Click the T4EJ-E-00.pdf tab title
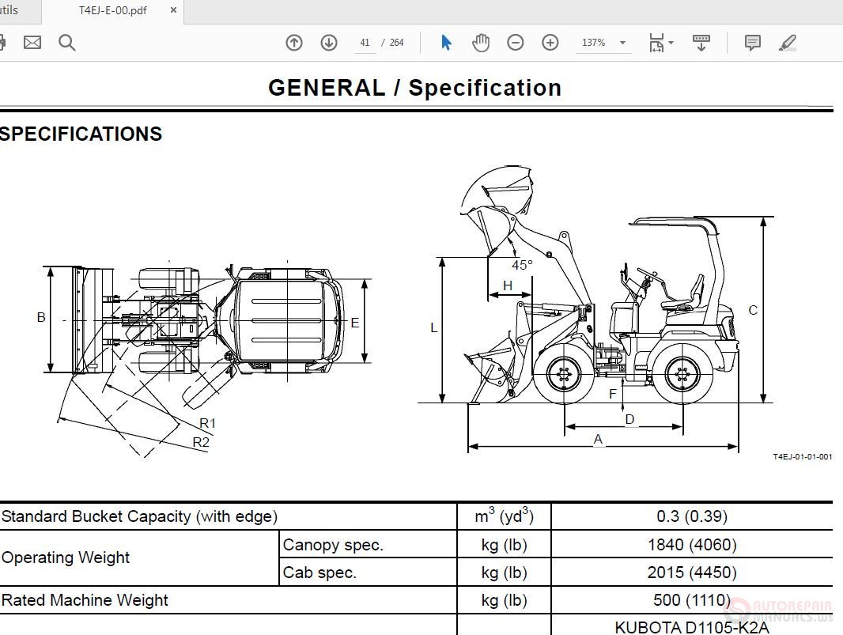[112, 11]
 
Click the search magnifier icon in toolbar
[67, 43]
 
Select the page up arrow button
[294, 43]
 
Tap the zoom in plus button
[550, 43]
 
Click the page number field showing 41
[365, 43]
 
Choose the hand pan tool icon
[481, 43]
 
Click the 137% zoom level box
[595, 43]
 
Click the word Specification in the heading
[485, 88]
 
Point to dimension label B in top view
[41, 318]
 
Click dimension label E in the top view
[355, 323]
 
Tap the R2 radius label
[202, 442]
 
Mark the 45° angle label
[522, 266]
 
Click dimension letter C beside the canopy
[753, 310]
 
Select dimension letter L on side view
[433, 327]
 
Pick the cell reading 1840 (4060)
[692, 545]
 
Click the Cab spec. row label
[319, 573]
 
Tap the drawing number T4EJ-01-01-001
[802, 457]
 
